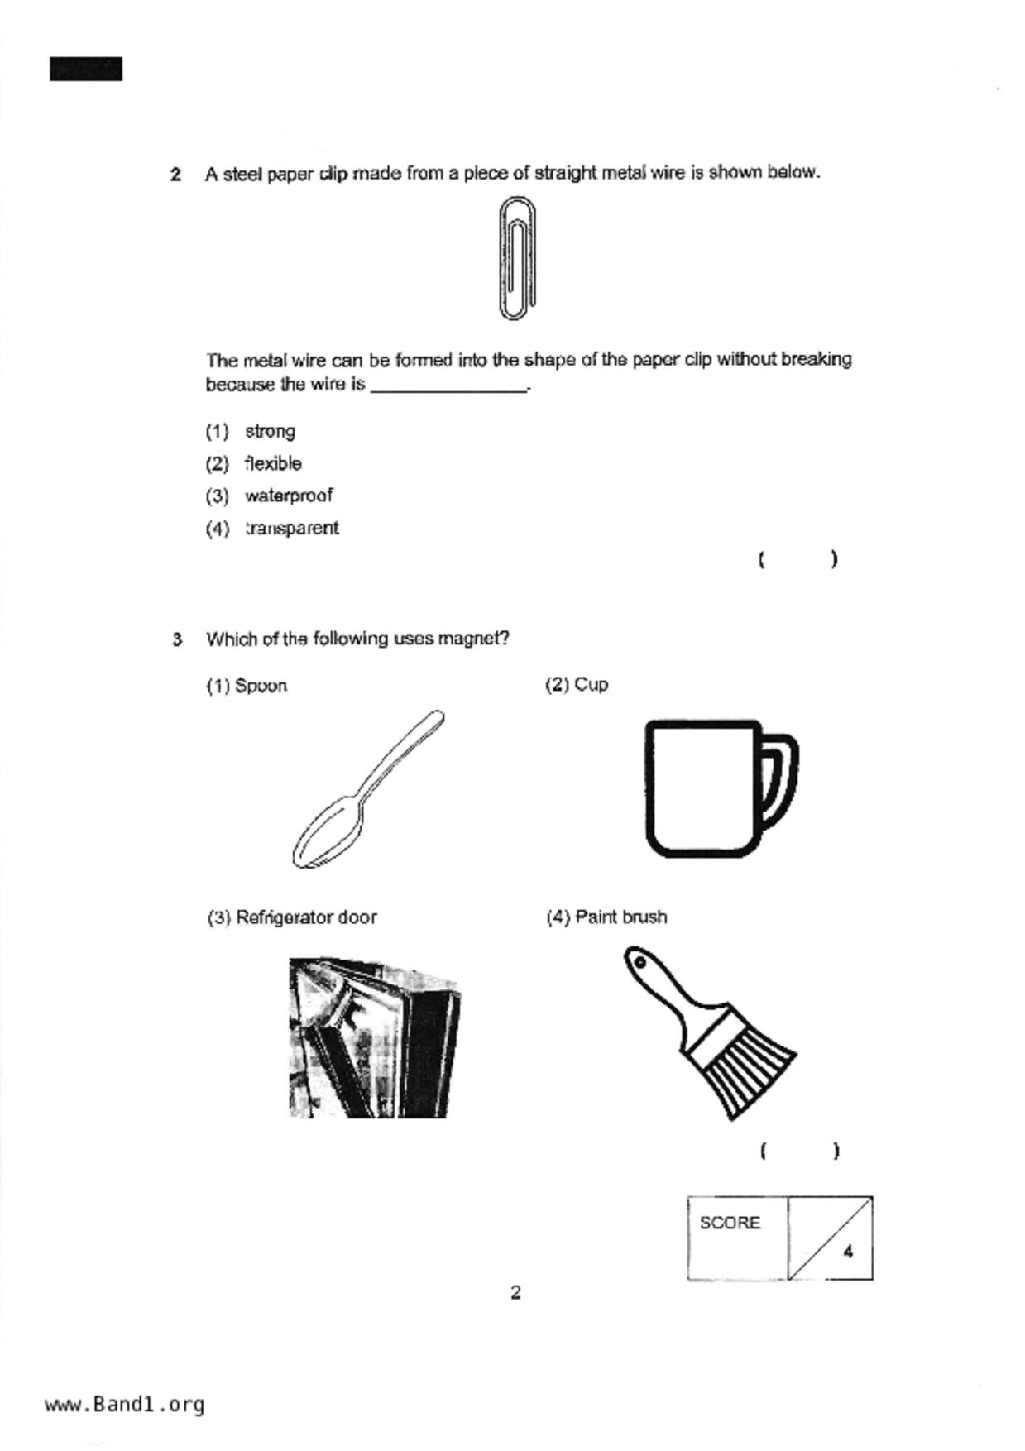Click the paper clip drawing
pos(518,258)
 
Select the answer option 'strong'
pos(270,431)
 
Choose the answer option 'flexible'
pos(273,463)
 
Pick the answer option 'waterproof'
pos(288,496)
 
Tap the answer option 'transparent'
pos(291,528)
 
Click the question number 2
pos(175,175)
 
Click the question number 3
pos(176,639)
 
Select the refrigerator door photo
pos(374,1037)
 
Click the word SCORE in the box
pos(729,1223)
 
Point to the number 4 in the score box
pos(848,1252)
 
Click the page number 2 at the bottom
pos(515,1292)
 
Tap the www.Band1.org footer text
pos(124,1404)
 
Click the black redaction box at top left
pos(86,69)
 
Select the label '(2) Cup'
pos(576,685)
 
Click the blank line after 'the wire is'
pos(448,385)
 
